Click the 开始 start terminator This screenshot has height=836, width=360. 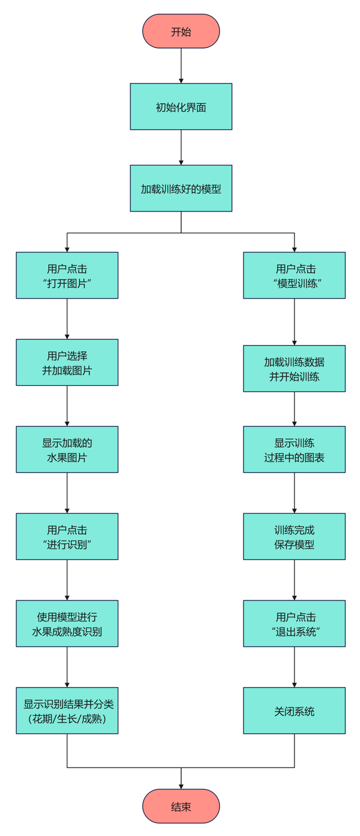pos(181,31)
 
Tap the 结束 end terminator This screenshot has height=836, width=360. pos(181,806)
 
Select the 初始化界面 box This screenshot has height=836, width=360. pos(181,107)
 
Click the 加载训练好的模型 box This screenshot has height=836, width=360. pos(181,189)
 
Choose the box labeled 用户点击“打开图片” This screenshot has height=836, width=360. pos(67,275)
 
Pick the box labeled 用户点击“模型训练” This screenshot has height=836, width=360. pos(294,275)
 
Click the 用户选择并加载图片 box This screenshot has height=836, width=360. pos(67,362)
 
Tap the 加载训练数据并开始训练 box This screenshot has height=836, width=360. pos(294,368)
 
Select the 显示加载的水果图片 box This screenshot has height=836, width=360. pos(67,450)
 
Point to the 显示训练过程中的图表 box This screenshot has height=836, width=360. pos(294,450)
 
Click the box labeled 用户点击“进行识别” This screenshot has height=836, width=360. pos(67,537)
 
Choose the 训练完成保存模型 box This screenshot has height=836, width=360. pos(294,537)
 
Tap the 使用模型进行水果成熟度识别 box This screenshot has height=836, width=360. pos(67,624)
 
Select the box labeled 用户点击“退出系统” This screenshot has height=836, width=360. pos(294,624)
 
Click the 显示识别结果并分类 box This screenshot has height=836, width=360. pos(67,704)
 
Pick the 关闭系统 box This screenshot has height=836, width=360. pos(294,711)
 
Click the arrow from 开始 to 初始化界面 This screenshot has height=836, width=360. pos(181,66)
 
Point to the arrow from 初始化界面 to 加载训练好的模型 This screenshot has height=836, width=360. pos(181,147)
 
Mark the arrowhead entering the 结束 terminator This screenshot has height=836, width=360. pos(181,786)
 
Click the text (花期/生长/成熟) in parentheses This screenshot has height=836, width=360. pos(67,719)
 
